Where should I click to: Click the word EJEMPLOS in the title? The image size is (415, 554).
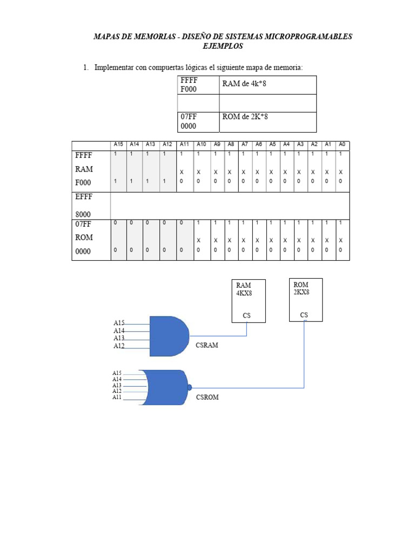click(223, 46)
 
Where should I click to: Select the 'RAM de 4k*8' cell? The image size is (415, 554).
click(267, 85)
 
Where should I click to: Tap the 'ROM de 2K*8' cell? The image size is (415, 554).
click(267, 122)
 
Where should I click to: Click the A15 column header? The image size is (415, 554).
click(118, 145)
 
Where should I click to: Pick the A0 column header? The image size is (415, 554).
click(342, 145)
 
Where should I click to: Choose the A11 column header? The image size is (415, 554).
click(184, 145)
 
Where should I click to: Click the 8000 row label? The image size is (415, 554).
click(83, 214)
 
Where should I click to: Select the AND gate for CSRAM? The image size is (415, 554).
click(168, 336)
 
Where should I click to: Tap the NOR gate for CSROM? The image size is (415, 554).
click(165, 388)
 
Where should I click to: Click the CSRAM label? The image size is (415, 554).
click(207, 345)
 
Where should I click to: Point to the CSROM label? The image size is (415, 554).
click(207, 397)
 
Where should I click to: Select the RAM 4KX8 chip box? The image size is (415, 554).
click(249, 301)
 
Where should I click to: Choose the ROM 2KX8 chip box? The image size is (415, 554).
click(306, 300)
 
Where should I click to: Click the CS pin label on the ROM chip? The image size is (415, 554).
click(304, 315)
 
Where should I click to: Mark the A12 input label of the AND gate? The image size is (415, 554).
click(119, 346)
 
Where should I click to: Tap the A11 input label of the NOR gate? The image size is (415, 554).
click(117, 398)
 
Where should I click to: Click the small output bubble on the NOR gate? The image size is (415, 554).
click(190, 387)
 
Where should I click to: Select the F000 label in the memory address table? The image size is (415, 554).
click(189, 89)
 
